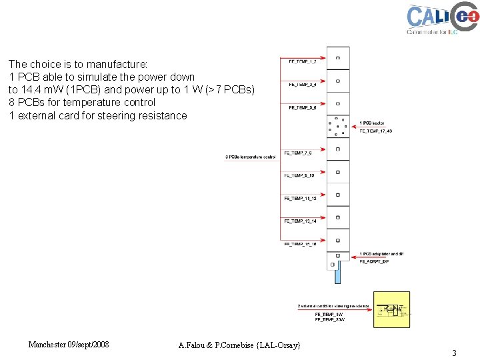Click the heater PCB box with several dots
(338, 126)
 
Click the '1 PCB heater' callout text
(372, 123)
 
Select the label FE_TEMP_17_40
(376, 131)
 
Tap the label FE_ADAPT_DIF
(374, 261)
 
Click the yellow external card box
(392, 309)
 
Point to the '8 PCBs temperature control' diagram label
(250, 157)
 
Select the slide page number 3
(454, 353)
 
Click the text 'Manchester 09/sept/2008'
(69, 345)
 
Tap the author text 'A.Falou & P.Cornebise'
(239, 345)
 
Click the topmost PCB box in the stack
(338, 58)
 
